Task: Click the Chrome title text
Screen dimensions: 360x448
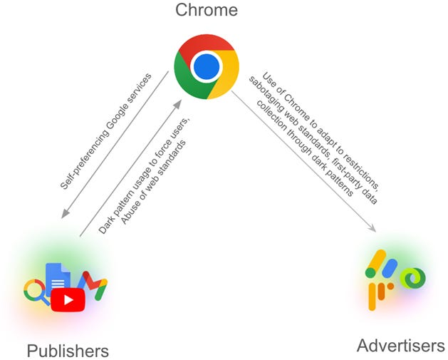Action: (x=206, y=11)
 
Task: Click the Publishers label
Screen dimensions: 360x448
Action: (x=68, y=350)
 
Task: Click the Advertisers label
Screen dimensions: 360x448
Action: (x=400, y=346)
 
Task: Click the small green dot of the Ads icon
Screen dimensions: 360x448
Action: (x=370, y=272)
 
